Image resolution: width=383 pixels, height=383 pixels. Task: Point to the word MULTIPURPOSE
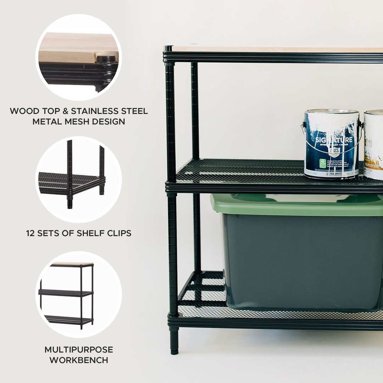coord(79,350)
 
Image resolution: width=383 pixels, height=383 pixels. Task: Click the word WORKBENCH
coord(79,360)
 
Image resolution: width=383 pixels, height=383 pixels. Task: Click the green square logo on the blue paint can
coord(322,163)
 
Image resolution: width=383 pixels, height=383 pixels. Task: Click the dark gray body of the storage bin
coord(301,262)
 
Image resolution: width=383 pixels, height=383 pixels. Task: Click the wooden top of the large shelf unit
coord(277,49)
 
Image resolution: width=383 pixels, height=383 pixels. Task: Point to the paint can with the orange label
coord(373,145)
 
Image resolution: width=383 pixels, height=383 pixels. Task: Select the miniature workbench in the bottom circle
coord(67,294)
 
